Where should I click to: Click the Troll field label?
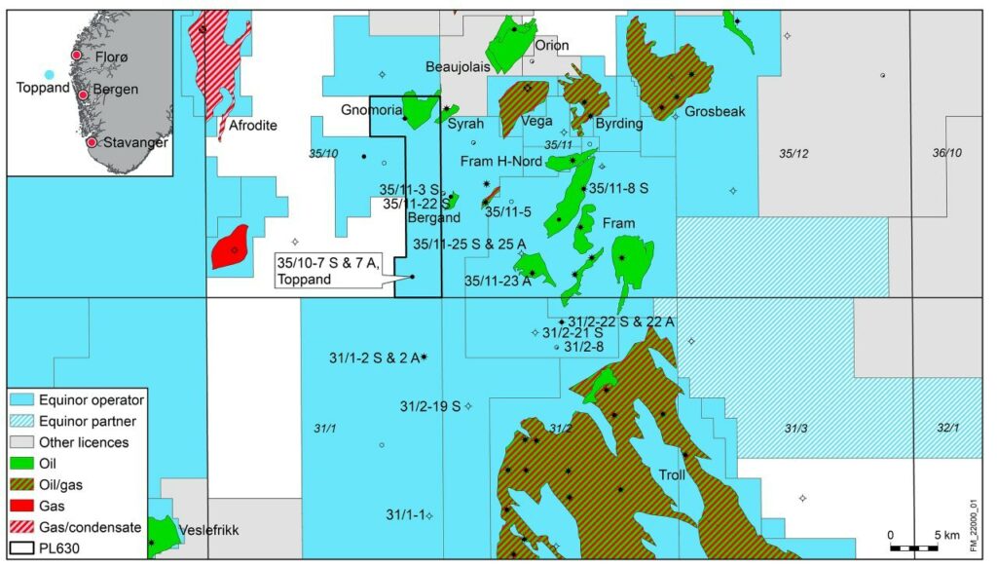(x=673, y=475)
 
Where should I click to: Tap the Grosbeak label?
(x=715, y=112)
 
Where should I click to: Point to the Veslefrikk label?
(x=209, y=531)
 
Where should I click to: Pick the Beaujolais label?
(x=463, y=66)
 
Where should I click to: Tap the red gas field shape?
(x=230, y=246)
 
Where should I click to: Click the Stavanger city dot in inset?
(x=91, y=142)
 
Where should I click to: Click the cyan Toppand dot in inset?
(x=49, y=74)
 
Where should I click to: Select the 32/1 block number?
(x=948, y=428)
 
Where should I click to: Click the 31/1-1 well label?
(x=404, y=514)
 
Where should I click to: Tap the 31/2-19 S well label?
(x=430, y=405)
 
